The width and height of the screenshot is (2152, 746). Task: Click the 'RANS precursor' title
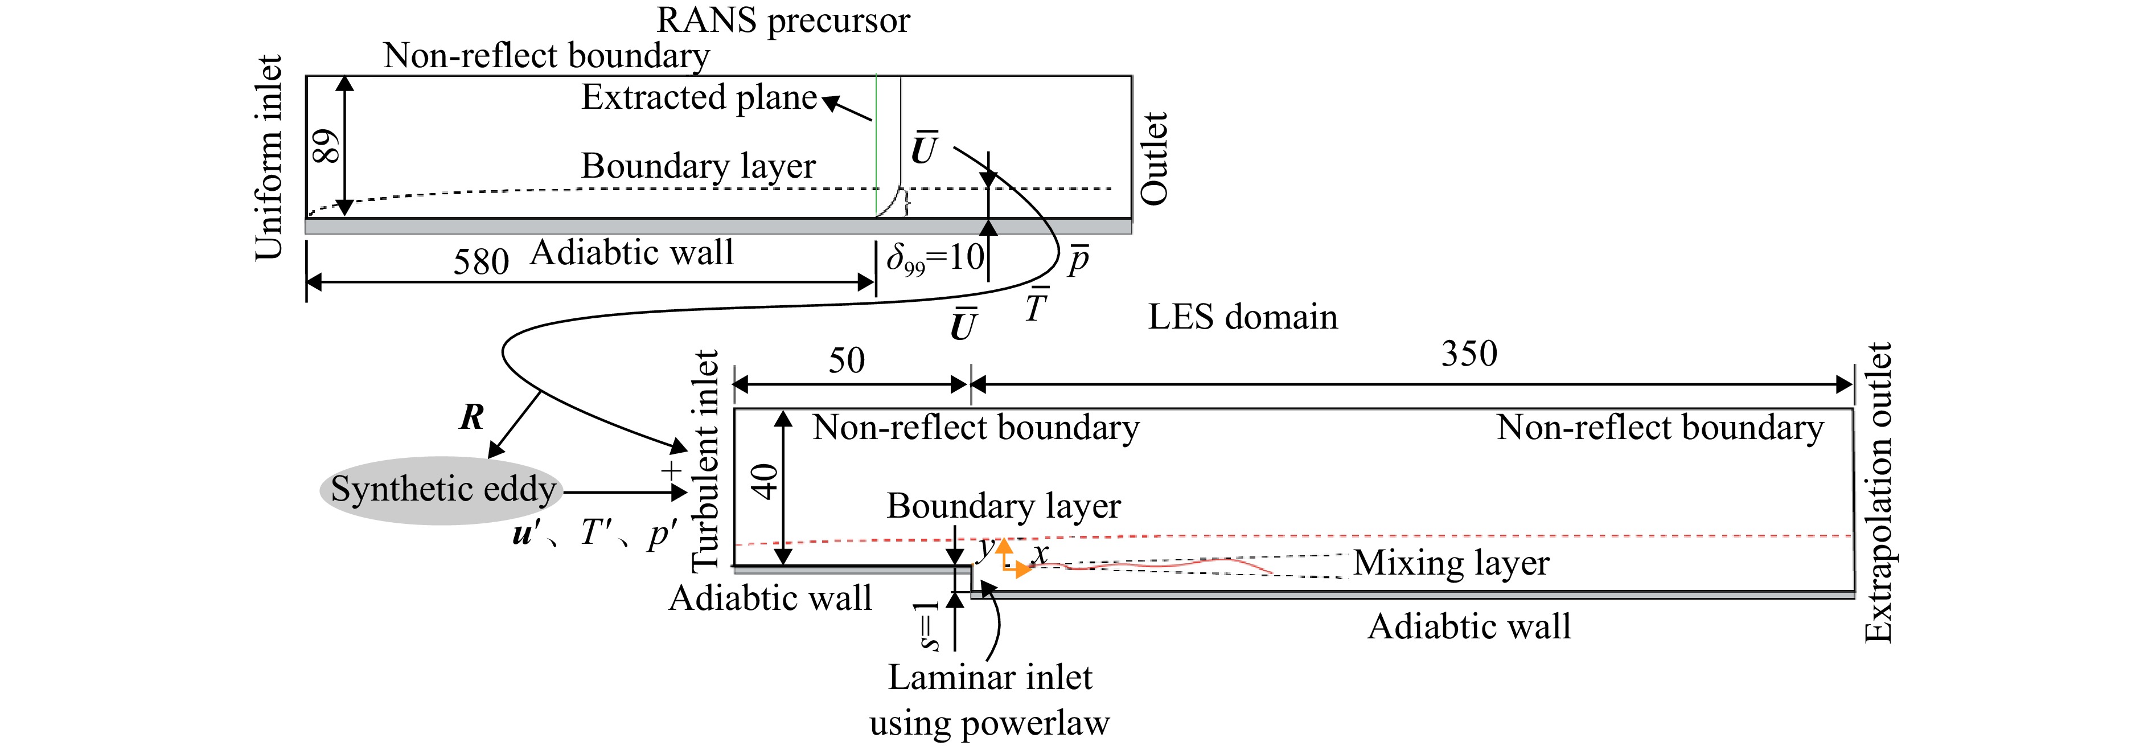[x=783, y=20]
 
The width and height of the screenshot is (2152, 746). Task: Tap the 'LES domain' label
[x=1242, y=317]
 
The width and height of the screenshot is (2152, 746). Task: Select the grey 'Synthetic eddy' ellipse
[x=442, y=490]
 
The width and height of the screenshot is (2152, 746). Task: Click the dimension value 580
[x=481, y=261]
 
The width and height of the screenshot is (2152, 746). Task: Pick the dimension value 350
[x=1469, y=354]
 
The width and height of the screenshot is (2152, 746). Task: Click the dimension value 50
[x=846, y=361]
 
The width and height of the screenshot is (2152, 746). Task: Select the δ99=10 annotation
[x=935, y=258]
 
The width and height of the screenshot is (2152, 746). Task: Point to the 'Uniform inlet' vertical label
[x=268, y=157]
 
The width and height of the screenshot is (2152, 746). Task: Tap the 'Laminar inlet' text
[x=990, y=677]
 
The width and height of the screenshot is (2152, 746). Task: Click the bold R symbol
[x=472, y=416]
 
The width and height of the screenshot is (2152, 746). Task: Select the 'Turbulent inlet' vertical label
[x=706, y=460]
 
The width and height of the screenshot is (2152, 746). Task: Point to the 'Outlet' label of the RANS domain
[x=1153, y=159]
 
